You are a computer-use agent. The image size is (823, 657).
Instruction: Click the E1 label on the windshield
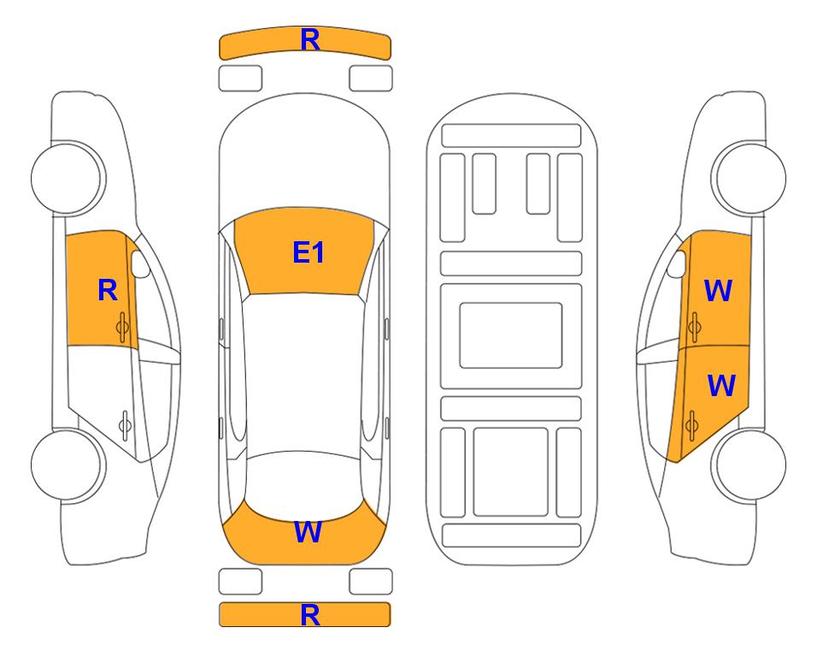(x=309, y=252)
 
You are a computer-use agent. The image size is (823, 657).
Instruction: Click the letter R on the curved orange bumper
(x=310, y=40)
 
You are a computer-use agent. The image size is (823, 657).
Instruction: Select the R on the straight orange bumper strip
(x=310, y=615)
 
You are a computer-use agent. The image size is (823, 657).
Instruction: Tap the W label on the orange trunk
(x=308, y=532)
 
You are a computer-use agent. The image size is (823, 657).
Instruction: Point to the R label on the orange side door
(x=108, y=290)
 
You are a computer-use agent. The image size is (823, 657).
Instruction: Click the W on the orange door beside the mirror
(x=718, y=291)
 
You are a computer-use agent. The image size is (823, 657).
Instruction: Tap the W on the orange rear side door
(x=721, y=385)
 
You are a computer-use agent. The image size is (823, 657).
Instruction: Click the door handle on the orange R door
(x=122, y=327)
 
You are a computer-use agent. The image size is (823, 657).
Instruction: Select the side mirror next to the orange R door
(x=140, y=263)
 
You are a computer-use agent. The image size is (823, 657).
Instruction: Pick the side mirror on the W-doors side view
(x=677, y=263)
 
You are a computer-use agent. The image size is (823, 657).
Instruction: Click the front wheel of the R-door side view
(x=68, y=178)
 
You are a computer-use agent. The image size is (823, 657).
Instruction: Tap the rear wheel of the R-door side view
(x=68, y=465)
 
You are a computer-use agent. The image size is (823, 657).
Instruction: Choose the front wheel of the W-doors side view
(x=749, y=178)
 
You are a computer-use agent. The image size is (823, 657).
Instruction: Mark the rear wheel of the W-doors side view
(x=749, y=465)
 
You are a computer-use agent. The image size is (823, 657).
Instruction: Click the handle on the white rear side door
(x=125, y=424)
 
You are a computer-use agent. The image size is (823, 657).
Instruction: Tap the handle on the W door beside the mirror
(x=694, y=327)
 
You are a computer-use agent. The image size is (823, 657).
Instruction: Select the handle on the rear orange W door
(x=691, y=426)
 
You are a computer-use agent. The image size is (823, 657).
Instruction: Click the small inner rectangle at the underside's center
(x=511, y=335)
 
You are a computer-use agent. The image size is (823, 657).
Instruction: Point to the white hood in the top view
(x=304, y=157)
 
